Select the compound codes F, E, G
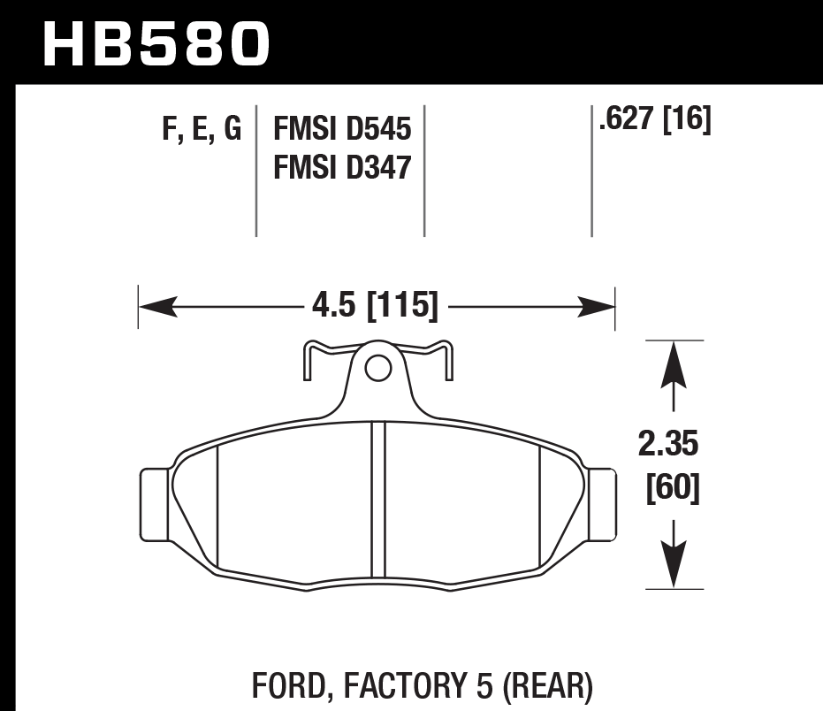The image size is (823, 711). [x=202, y=130]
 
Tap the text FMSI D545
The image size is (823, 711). [x=343, y=130]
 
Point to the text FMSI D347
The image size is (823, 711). [x=343, y=166]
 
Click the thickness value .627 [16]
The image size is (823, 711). [x=654, y=120]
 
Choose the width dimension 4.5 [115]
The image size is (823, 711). [x=375, y=307]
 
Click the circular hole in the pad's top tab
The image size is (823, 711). [x=378, y=368]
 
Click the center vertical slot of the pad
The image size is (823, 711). [x=378, y=500]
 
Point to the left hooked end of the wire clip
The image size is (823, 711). [x=306, y=364]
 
